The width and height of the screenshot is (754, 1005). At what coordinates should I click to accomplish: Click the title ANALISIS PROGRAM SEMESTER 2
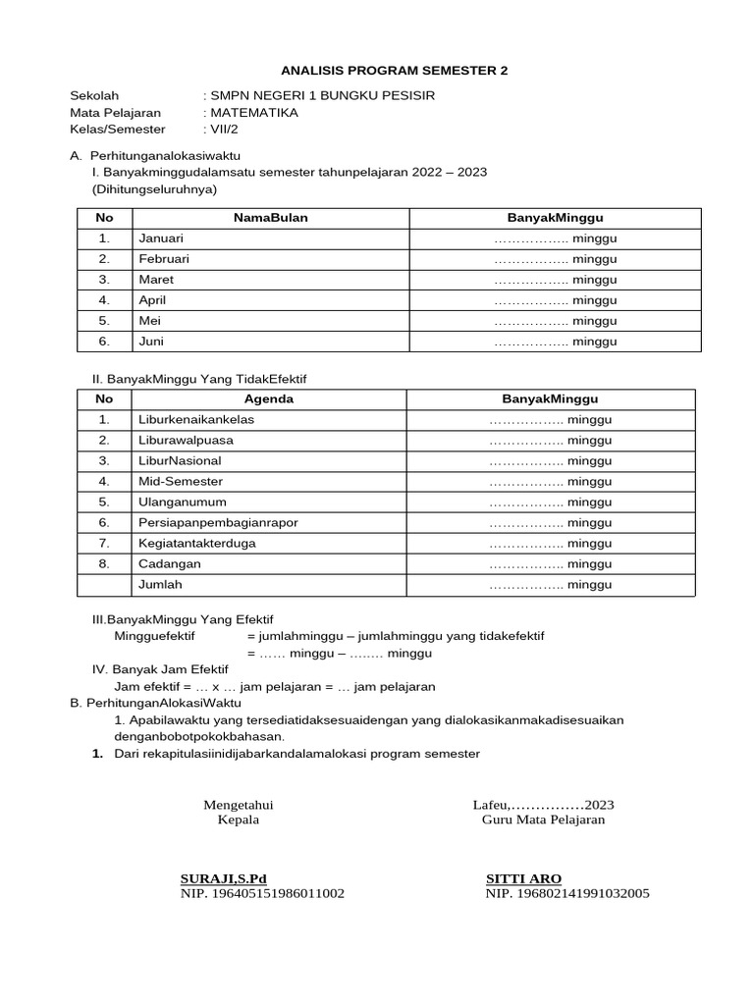pos(395,71)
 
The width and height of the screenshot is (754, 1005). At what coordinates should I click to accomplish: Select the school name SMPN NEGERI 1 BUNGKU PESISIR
pos(321,95)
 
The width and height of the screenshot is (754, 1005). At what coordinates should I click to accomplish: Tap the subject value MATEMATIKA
pos(253,112)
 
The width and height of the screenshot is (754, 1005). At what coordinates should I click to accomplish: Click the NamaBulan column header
pos(270,218)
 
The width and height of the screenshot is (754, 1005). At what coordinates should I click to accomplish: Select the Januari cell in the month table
pos(161,238)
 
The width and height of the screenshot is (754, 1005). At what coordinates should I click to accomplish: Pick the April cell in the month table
pos(152,300)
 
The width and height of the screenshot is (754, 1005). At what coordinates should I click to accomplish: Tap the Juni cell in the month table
pos(151,342)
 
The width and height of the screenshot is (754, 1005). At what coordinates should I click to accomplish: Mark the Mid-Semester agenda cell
pos(181,482)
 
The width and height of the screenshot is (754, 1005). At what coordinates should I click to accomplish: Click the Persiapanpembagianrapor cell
pos(218,523)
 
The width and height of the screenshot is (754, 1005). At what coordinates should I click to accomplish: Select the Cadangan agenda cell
pos(170,564)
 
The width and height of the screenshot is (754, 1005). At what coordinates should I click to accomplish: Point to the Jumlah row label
pos(160,585)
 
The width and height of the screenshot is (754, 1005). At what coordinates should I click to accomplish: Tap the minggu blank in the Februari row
pos(555,259)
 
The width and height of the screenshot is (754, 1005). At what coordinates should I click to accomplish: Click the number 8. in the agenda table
pos(104,564)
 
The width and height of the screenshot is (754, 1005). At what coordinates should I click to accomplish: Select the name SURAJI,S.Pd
pos(224,877)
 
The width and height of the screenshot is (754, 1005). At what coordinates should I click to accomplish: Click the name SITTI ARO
pos(524,877)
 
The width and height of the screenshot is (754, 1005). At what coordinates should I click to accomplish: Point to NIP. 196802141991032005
pos(567,893)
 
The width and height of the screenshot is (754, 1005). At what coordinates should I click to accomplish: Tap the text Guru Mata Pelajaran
pos(543,820)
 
